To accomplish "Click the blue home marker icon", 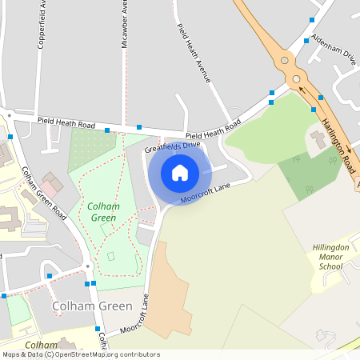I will (x=180, y=172).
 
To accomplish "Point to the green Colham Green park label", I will (x=102, y=211).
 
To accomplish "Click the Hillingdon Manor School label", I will (x=330, y=257).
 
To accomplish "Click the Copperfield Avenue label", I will (x=40, y=24).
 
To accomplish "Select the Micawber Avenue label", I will (x=124, y=24).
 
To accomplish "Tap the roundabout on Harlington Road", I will (x=297, y=78).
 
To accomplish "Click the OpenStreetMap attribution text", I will (x=81, y=354).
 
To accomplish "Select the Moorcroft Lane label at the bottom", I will (x=135, y=314).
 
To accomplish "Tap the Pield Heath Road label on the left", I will (x=66, y=124).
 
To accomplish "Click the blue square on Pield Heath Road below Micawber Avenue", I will (x=139, y=126).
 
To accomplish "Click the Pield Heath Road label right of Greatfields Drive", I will (x=213, y=130).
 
